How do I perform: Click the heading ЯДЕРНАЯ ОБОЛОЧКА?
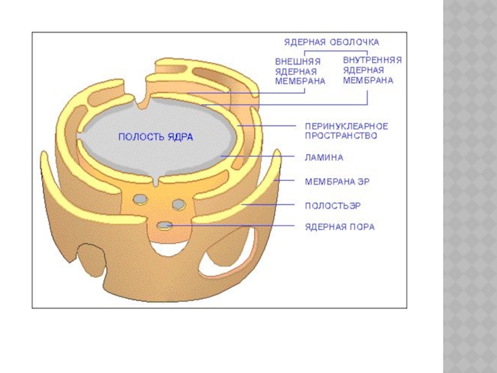(331, 42)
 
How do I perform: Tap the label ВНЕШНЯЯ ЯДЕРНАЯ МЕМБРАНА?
(300, 71)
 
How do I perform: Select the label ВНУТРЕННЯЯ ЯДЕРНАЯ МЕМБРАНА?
(372, 70)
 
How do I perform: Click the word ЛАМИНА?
(323, 157)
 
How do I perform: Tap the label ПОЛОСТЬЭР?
(332, 205)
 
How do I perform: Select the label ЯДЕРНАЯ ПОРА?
(339, 227)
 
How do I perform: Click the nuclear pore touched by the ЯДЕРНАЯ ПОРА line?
(165, 226)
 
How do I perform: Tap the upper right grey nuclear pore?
(179, 203)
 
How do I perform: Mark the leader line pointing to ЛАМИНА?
(258, 155)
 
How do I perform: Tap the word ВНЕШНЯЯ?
(298, 62)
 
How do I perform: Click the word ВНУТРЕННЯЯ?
(372, 60)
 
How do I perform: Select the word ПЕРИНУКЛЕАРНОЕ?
(345, 125)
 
